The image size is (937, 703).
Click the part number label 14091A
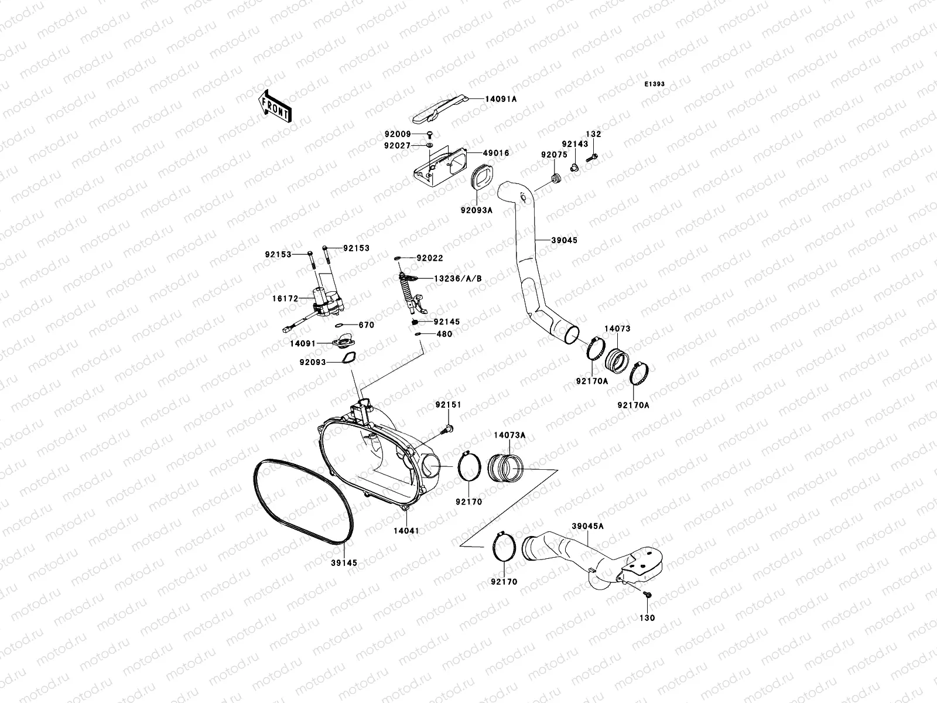[x=500, y=99]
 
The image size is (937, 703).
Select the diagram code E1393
[x=655, y=84]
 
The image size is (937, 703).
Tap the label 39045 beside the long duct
[x=565, y=240]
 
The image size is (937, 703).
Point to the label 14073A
[x=509, y=435]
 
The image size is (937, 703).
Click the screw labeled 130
[x=647, y=595]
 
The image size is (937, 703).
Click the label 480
[x=444, y=335]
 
